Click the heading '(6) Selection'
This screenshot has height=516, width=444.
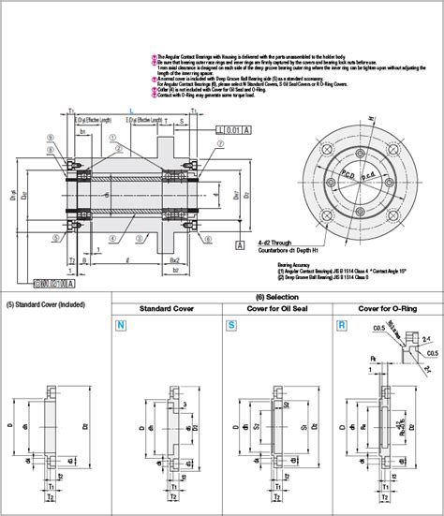[276, 296]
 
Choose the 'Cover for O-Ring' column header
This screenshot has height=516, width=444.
[388, 310]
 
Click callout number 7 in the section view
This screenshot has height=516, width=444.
[220, 146]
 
